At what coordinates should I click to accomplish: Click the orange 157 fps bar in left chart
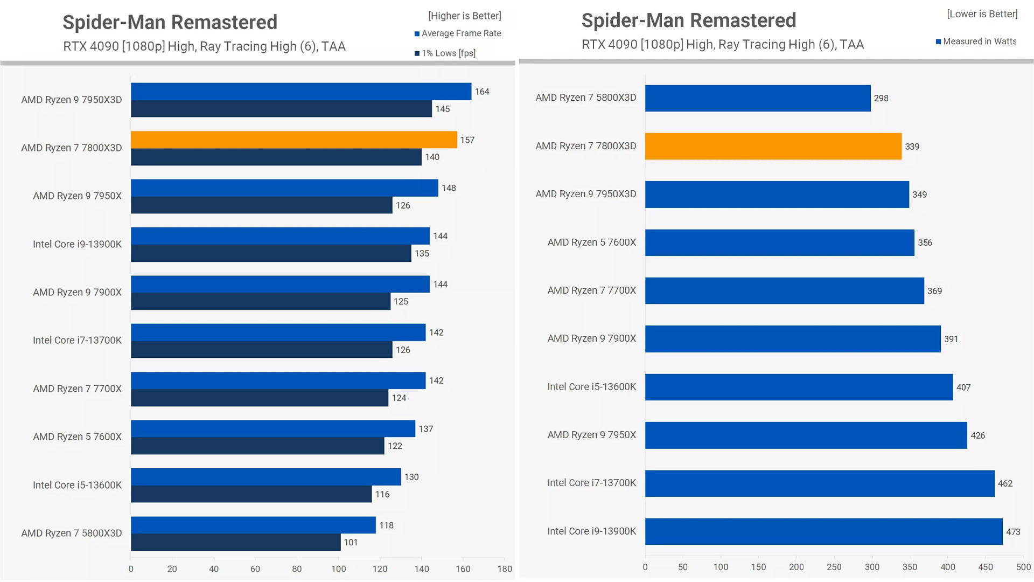(294, 140)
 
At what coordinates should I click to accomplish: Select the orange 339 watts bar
(773, 147)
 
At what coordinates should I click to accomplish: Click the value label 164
(482, 92)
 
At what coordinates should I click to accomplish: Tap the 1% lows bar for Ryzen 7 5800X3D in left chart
(235, 542)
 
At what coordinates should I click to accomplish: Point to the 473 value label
(1013, 532)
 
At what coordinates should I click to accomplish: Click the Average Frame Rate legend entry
(460, 33)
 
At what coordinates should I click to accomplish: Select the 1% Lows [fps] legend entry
(448, 53)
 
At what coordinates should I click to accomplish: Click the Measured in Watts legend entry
(979, 41)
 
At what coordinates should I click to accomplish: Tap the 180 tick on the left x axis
(505, 569)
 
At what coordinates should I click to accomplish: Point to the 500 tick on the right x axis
(1023, 567)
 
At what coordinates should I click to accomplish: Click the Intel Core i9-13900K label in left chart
(77, 244)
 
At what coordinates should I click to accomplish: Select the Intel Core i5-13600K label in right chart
(591, 387)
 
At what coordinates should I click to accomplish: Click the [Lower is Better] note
(982, 14)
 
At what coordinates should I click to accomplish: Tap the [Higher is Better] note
(464, 16)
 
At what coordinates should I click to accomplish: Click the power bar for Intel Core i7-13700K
(819, 483)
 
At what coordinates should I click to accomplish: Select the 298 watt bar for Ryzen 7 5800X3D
(757, 98)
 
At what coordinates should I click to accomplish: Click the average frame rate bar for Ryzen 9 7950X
(284, 188)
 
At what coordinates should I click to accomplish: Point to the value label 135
(422, 253)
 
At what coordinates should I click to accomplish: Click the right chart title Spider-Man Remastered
(688, 20)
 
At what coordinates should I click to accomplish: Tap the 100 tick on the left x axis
(338, 569)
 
